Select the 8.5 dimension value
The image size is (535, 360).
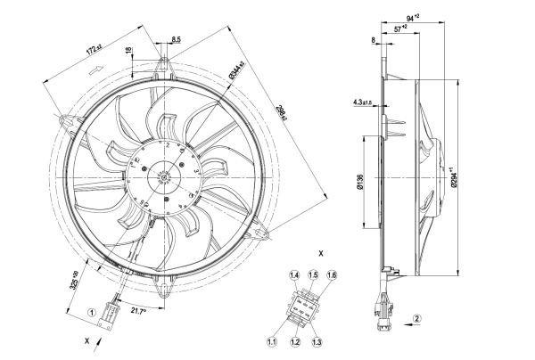click(177, 39)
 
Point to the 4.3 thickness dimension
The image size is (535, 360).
click(365, 103)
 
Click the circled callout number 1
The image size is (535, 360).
click(91, 313)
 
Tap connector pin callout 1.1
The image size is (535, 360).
click(272, 340)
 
